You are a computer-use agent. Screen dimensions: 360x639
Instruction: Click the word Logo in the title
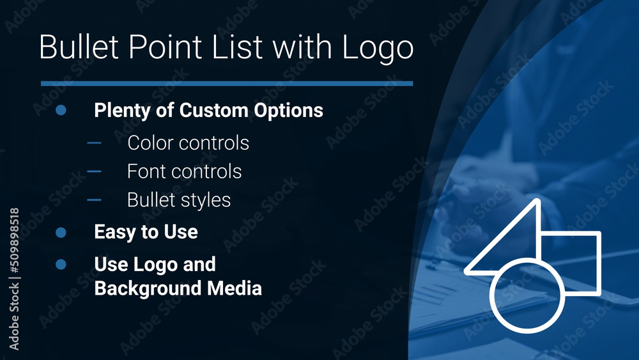[x=377, y=48]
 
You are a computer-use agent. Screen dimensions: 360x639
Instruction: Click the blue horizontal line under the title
[x=226, y=83]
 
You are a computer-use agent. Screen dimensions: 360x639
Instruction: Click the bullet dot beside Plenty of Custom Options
[x=61, y=110]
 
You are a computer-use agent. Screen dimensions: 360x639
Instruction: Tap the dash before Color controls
[x=94, y=143]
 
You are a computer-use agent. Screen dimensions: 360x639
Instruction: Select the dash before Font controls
[x=94, y=171]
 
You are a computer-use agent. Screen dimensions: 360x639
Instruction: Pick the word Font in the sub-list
[x=146, y=171]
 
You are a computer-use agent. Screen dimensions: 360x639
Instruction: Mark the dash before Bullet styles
[x=94, y=200]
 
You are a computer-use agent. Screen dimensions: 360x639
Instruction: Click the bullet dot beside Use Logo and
[x=61, y=264]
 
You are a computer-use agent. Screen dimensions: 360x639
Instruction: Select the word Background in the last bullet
[x=146, y=288]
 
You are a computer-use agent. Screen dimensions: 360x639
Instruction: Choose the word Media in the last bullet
[x=234, y=288]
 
